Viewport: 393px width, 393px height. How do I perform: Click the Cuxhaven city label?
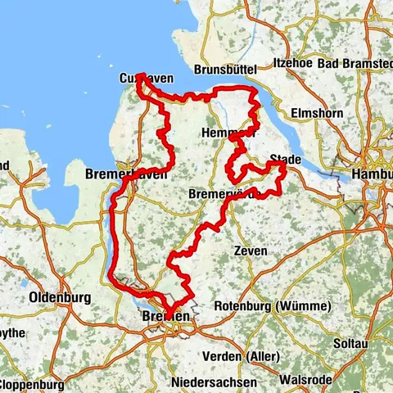point(147,79)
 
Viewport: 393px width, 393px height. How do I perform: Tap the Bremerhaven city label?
point(126,174)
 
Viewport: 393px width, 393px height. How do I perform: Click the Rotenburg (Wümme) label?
point(272,306)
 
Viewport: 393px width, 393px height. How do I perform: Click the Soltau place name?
point(348,341)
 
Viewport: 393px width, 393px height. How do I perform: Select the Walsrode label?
point(305,379)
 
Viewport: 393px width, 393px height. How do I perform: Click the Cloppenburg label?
point(30,384)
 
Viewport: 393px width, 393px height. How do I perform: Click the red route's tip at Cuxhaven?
point(141,76)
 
